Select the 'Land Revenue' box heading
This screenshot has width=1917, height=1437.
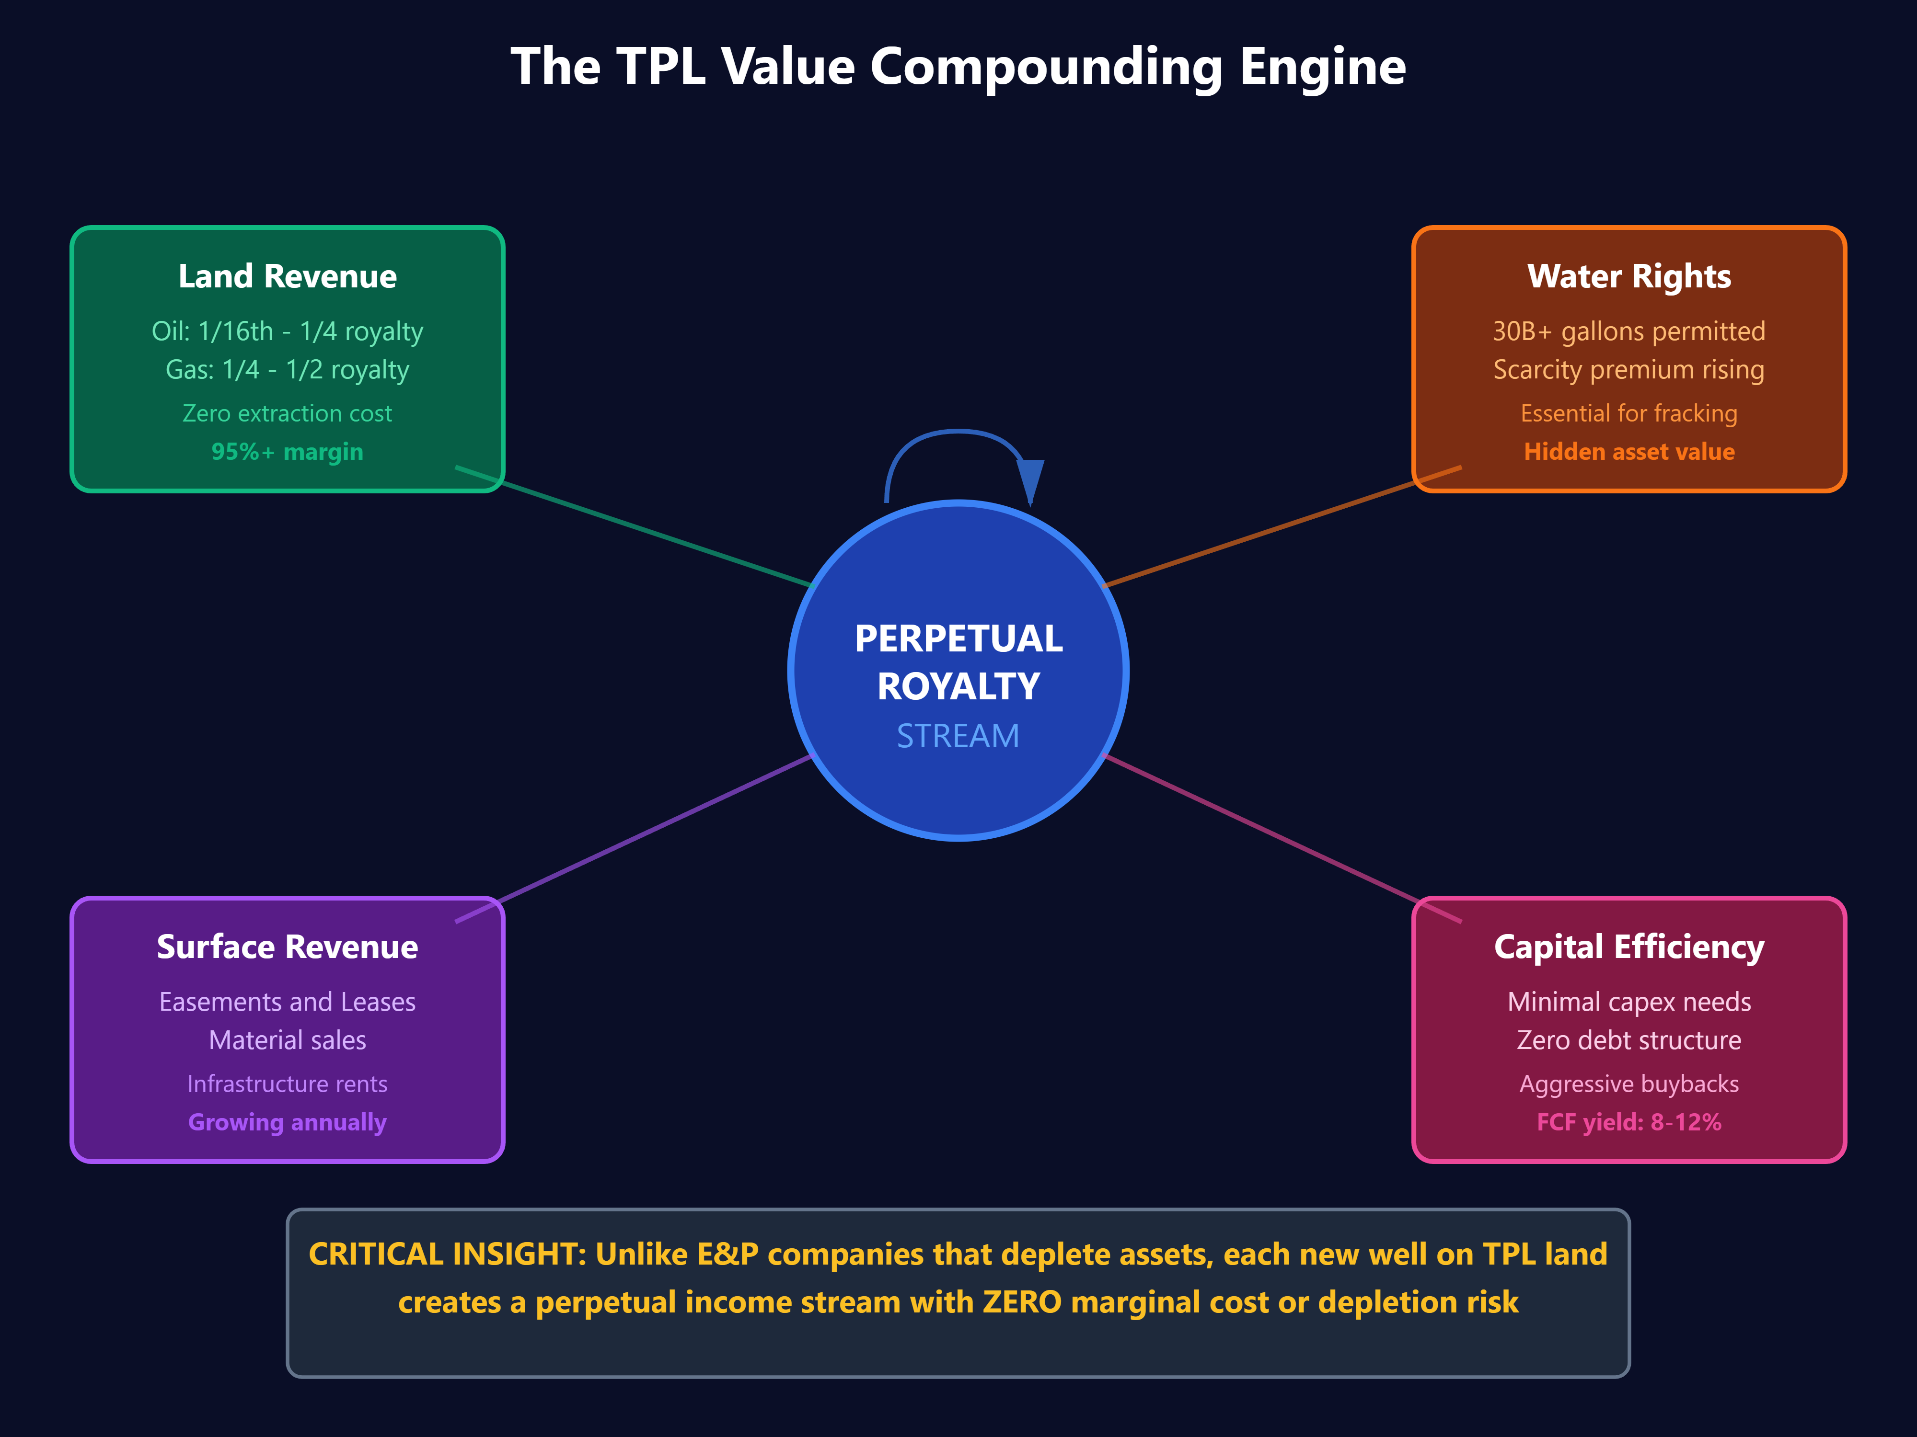(x=287, y=276)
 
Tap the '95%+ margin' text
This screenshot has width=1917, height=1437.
(x=287, y=451)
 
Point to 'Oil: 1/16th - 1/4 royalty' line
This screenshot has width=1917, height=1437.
(x=287, y=331)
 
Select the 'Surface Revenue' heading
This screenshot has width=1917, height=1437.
(x=287, y=947)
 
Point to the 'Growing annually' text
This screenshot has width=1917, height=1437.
(x=287, y=1122)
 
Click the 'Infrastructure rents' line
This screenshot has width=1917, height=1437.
(x=287, y=1083)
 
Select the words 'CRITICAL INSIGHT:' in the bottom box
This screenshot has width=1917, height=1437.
(x=448, y=1254)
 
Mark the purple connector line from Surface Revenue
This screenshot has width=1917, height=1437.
(x=650, y=832)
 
